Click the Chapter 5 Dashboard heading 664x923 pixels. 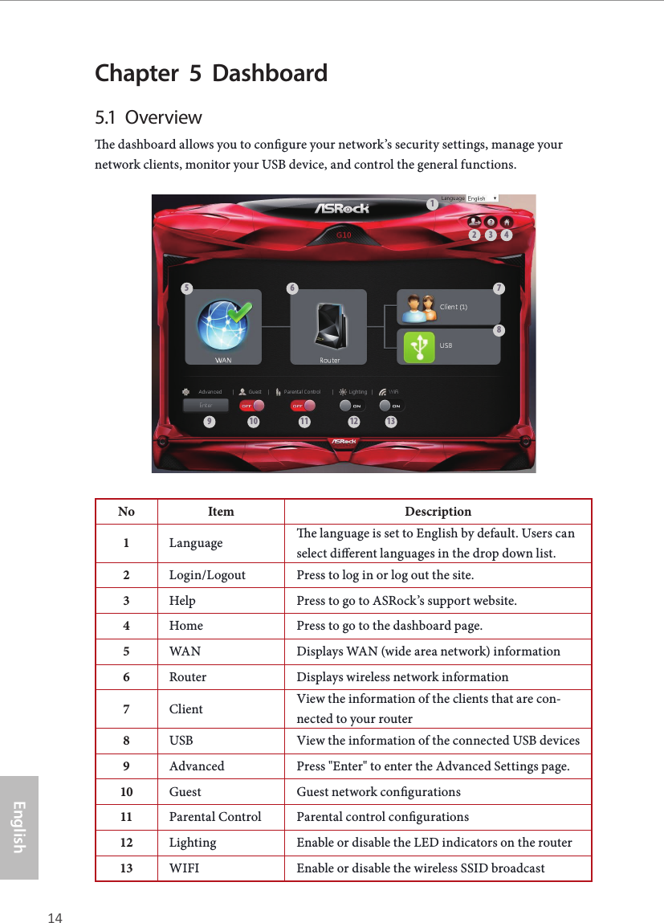click(211, 73)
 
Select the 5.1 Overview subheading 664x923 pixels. click(149, 117)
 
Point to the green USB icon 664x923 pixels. click(418, 345)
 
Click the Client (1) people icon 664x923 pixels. click(418, 308)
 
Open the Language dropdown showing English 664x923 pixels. click(483, 198)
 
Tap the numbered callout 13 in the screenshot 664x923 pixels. click(391, 423)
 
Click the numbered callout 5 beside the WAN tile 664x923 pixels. click(187, 288)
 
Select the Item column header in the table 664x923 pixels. click(221, 512)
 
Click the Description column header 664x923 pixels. click(438, 512)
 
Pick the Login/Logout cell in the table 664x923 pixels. click(207, 575)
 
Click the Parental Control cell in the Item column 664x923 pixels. click(215, 817)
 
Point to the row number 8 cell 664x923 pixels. click(126, 740)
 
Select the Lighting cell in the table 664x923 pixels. click(193, 843)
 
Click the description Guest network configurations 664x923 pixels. click(378, 791)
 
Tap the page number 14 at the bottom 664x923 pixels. click(55, 917)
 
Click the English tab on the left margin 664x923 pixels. click(19, 827)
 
